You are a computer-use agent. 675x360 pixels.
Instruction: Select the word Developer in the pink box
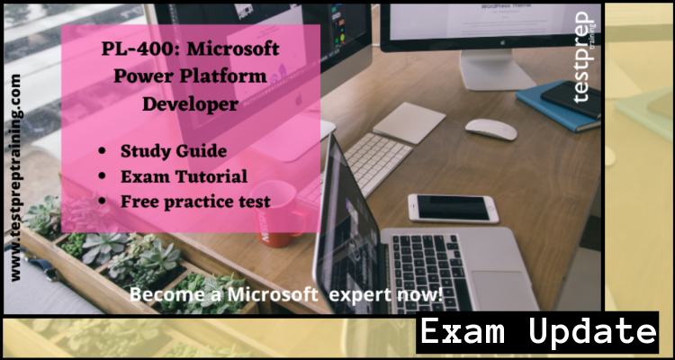(x=190, y=103)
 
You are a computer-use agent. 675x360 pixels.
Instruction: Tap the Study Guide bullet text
(x=174, y=151)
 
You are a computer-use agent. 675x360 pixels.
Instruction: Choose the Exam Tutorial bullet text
(x=184, y=176)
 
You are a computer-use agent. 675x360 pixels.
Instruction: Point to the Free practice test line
(x=195, y=202)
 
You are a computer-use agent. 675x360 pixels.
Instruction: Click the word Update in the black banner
(x=592, y=331)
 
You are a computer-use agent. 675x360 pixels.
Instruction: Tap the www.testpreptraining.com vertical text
(x=15, y=177)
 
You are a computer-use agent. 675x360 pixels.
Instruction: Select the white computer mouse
(x=490, y=129)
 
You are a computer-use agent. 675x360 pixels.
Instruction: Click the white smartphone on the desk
(x=453, y=209)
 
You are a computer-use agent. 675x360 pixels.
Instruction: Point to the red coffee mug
(x=279, y=213)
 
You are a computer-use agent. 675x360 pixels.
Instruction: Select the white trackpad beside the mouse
(x=409, y=122)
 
